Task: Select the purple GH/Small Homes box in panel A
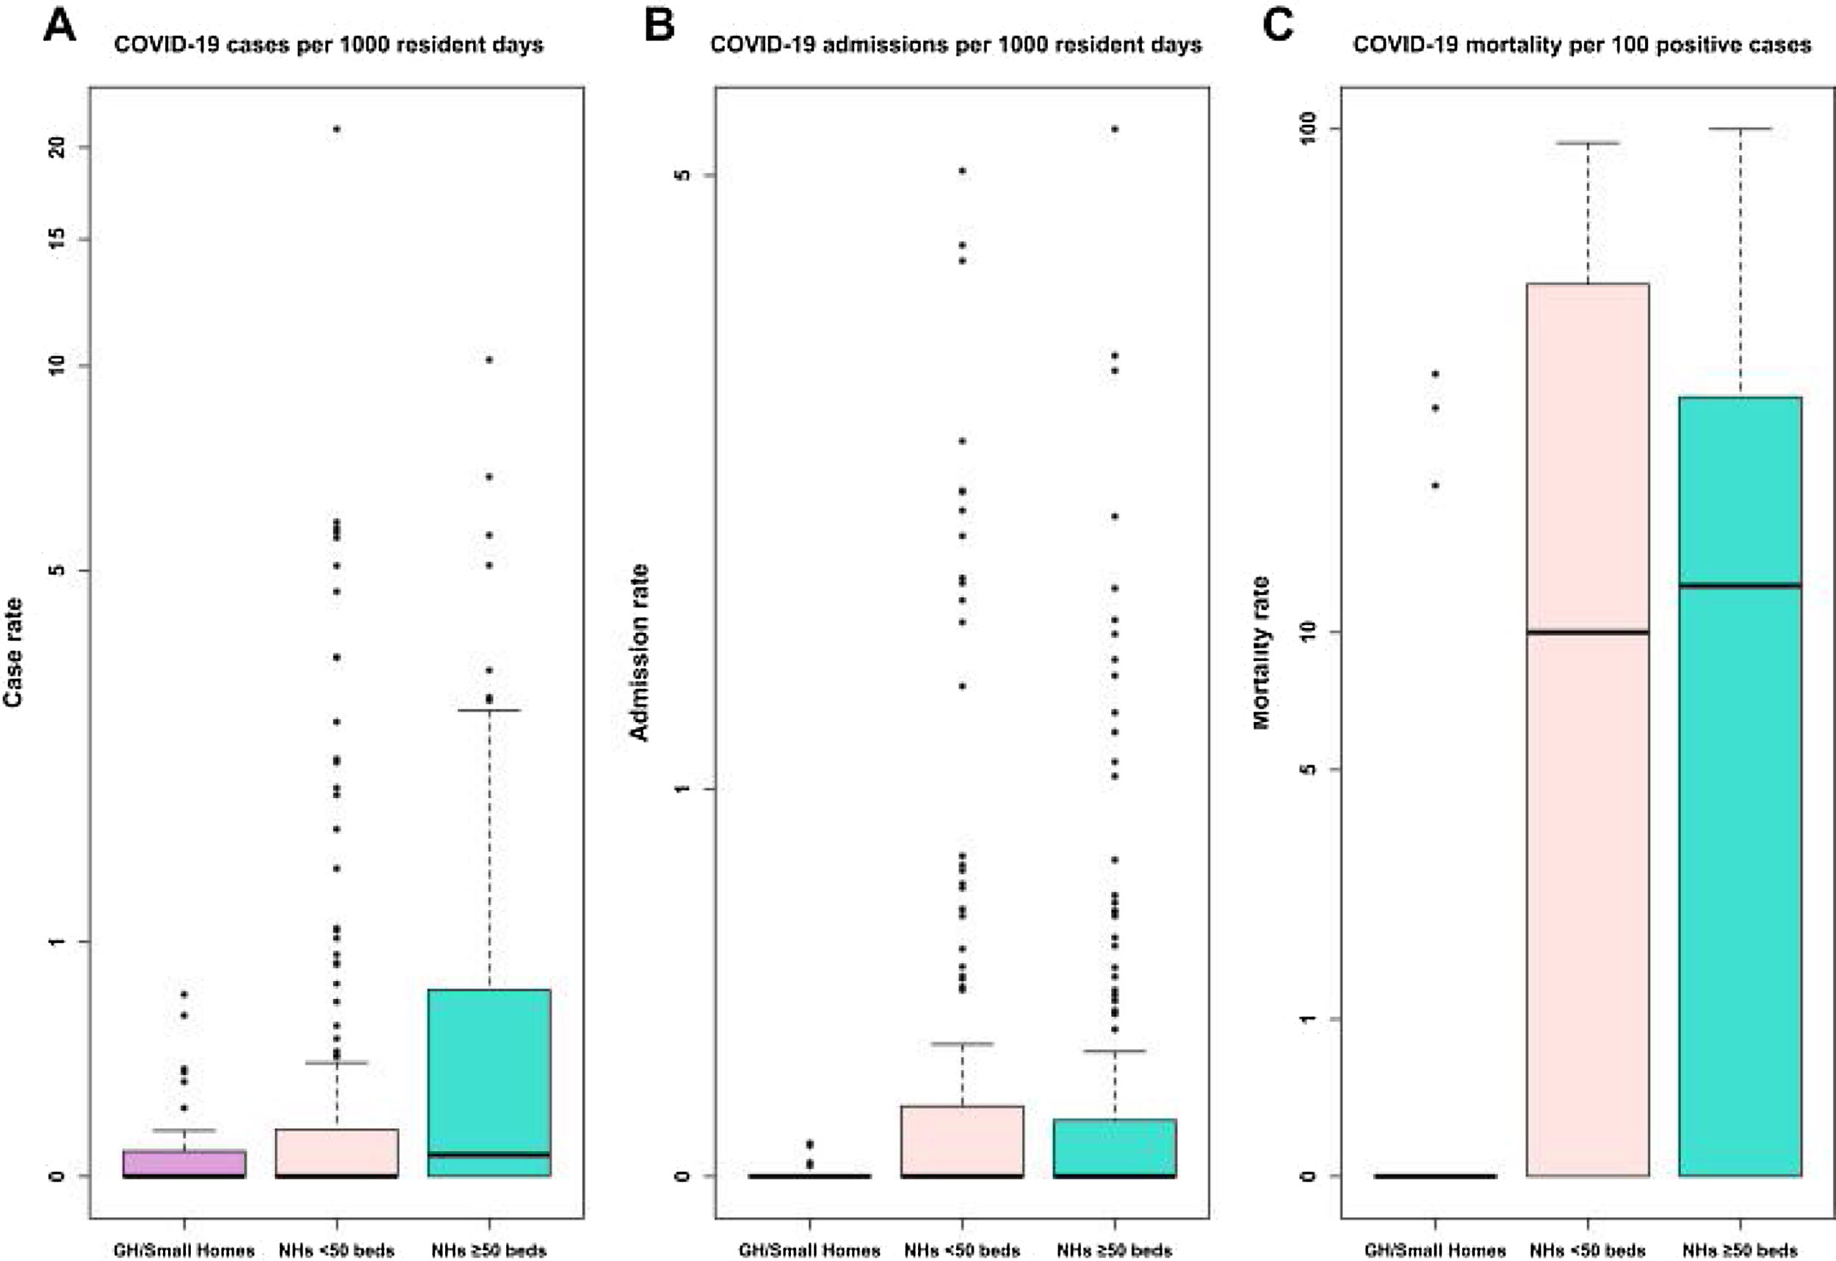[184, 1163]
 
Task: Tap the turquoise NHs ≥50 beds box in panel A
[489, 1083]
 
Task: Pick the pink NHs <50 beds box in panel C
[1587, 727]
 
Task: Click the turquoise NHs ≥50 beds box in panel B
[1114, 1146]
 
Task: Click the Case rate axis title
[13, 652]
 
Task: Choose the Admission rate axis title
[638, 653]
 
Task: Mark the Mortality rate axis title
[1261, 653]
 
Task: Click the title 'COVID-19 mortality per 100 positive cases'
[1582, 45]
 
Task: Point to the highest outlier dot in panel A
[336, 129]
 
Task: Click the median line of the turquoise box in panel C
[1741, 585]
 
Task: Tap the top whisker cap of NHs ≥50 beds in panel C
[1741, 128]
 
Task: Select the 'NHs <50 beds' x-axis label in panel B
[961, 1251]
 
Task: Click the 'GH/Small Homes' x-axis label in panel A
[184, 1251]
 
